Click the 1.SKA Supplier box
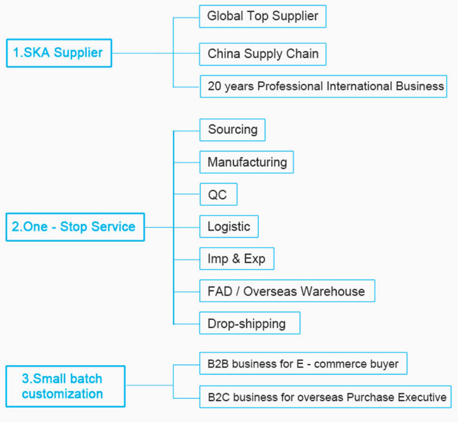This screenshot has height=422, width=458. click(x=59, y=53)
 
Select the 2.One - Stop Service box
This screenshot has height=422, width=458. click(x=75, y=227)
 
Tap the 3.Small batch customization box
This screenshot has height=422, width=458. click(x=65, y=387)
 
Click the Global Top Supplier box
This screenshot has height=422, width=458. click(x=263, y=16)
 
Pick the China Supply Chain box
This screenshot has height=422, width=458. click(x=263, y=54)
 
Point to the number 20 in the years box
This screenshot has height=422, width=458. click(x=214, y=87)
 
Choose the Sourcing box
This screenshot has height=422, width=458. click(x=233, y=130)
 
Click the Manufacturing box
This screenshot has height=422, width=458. click(x=247, y=162)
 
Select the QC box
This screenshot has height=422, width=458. click(x=219, y=194)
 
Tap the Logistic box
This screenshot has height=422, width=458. click(x=229, y=227)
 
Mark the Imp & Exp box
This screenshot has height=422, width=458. click(x=237, y=259)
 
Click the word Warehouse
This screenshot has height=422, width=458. click(x=333, y=291)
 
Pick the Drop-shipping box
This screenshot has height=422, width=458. click(x=250, y=323)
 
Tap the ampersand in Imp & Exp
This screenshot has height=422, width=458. click(x=236, y=259)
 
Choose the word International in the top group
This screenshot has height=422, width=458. click(x=359, y=87)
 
